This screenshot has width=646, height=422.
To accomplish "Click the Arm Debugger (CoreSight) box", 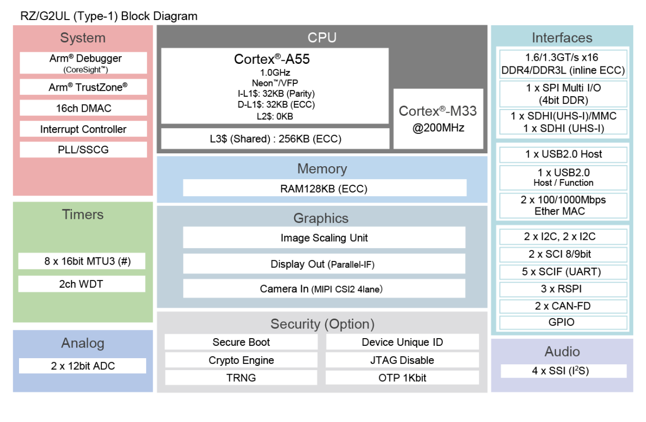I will click(83, 63).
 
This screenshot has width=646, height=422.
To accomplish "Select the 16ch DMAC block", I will click(83, 108).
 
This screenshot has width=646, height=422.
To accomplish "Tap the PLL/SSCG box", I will click(83, 150).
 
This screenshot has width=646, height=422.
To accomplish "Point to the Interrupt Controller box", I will click(83, 129).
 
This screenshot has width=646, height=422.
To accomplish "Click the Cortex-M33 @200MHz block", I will click(438, 119).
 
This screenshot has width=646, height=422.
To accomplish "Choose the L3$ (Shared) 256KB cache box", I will click(275, 138).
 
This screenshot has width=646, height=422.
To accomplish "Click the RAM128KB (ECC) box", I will click(324, 188).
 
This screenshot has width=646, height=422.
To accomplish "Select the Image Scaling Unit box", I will click(324, 238).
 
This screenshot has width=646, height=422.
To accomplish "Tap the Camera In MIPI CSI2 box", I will click(324, 289).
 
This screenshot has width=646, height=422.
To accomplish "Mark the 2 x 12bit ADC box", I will click(83, 366).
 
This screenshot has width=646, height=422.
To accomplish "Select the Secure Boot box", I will click(241, 342).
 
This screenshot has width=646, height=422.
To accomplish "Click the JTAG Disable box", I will click(402, 360).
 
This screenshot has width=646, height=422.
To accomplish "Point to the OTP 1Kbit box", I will click(402, 378).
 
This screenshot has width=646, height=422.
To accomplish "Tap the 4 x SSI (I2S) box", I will click(563, 371).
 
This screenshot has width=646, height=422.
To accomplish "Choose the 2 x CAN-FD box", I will click(563, 306).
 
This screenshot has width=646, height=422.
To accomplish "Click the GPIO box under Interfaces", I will click(563, 323).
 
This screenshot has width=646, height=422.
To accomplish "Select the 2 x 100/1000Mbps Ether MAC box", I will click(563, 205).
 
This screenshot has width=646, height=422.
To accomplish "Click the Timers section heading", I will click(83, 215).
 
